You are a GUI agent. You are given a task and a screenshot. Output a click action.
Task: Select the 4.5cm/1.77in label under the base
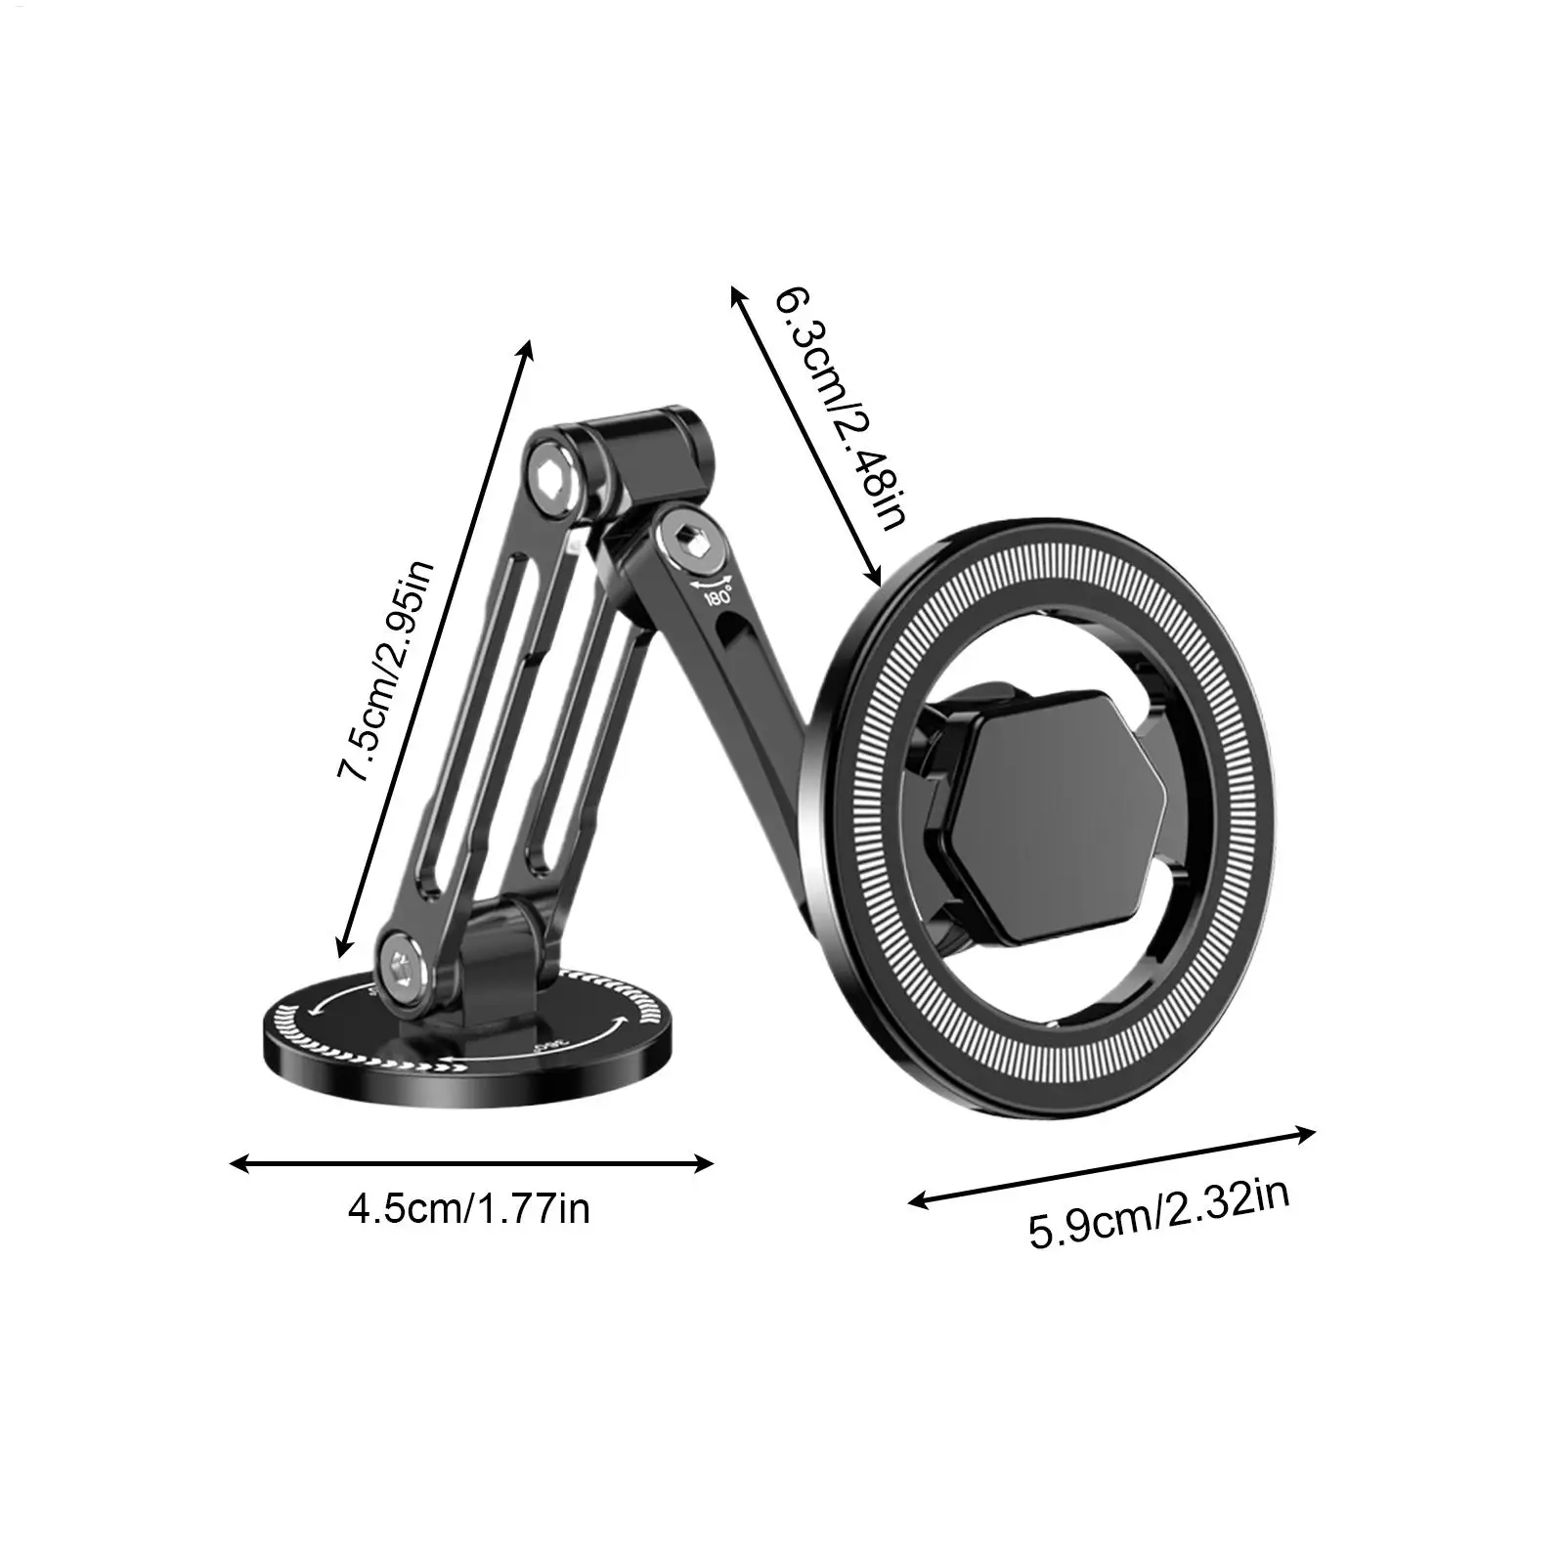(x=469, y=1209)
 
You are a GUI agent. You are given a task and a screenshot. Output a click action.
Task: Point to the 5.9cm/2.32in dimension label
(x=1159, y=1213)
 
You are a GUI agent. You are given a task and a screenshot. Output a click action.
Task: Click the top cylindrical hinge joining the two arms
(x=635, y=446)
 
